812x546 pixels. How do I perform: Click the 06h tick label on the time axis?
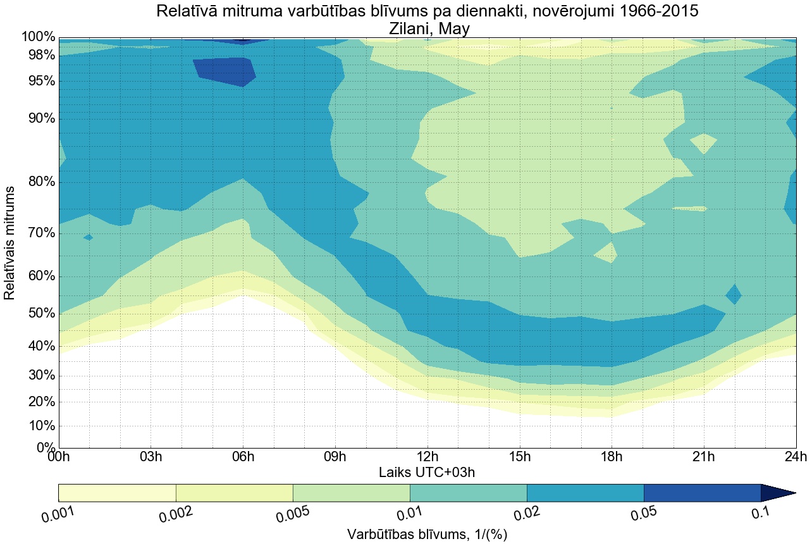243,457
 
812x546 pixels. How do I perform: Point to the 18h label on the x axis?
612,457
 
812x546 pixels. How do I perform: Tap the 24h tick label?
795,457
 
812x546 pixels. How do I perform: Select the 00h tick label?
59,457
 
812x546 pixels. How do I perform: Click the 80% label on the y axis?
42,182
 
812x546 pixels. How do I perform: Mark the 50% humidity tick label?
42,314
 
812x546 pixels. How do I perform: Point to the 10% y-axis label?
42,426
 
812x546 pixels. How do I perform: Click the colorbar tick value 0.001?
58,514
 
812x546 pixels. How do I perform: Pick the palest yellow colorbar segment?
117,493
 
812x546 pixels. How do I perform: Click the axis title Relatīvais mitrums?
10,243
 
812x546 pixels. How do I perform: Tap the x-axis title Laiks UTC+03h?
427,472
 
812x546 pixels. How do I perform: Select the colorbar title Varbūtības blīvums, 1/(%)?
427,534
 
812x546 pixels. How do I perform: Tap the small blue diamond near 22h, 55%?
734,294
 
